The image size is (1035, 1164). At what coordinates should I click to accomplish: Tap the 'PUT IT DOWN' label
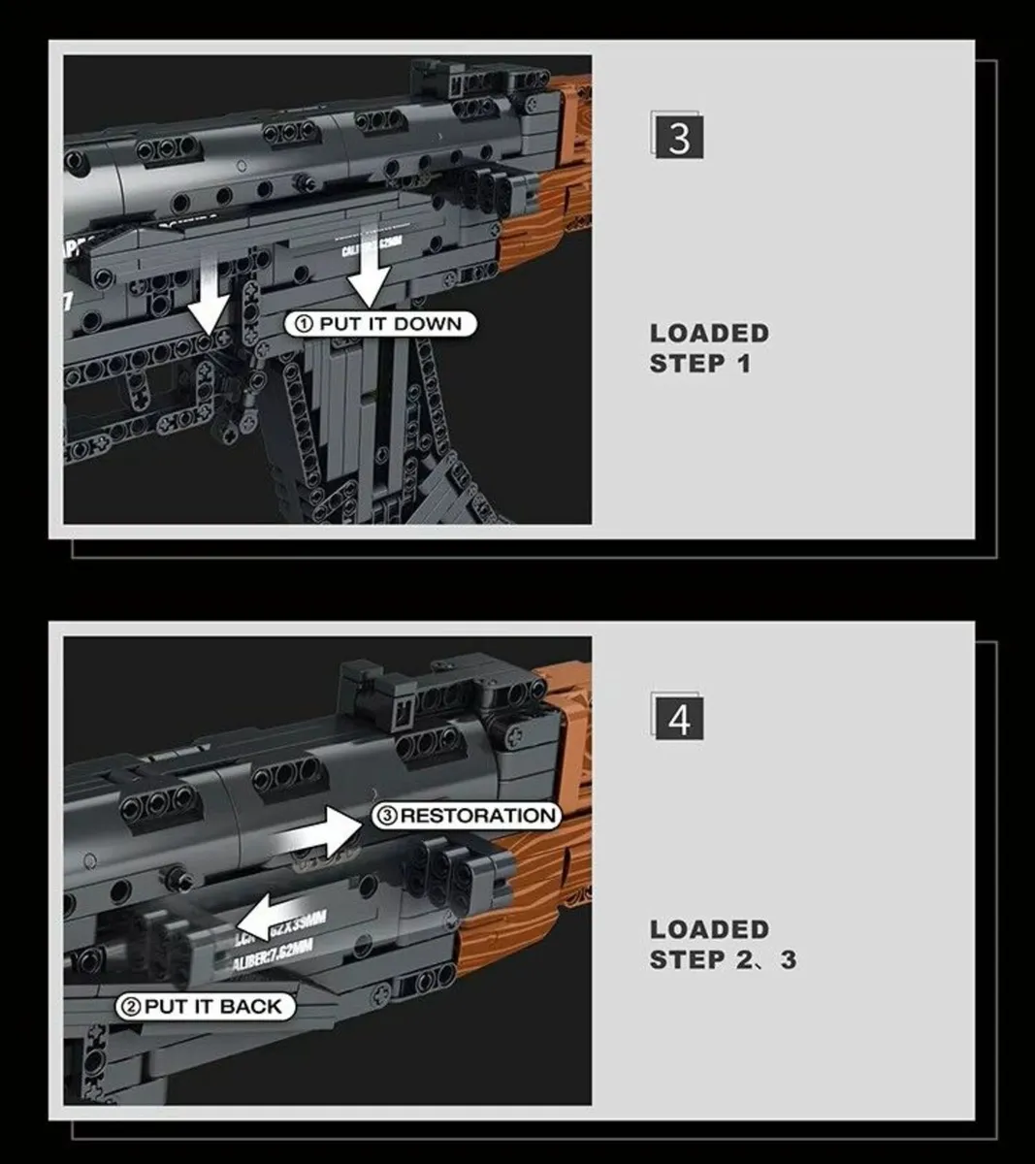(380, 324)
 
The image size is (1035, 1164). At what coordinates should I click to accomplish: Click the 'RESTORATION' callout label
(467, 816)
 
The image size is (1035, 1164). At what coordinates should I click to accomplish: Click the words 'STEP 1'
(699, 365)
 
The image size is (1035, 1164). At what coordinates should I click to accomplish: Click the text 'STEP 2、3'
(723, 960)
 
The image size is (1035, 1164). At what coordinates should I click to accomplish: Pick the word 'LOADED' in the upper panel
(709, 333)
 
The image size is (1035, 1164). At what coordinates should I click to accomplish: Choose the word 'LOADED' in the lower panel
(709, 929)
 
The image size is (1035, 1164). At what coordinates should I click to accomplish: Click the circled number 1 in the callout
(304, 324)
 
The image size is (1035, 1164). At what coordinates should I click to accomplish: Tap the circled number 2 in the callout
(130, 1007)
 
